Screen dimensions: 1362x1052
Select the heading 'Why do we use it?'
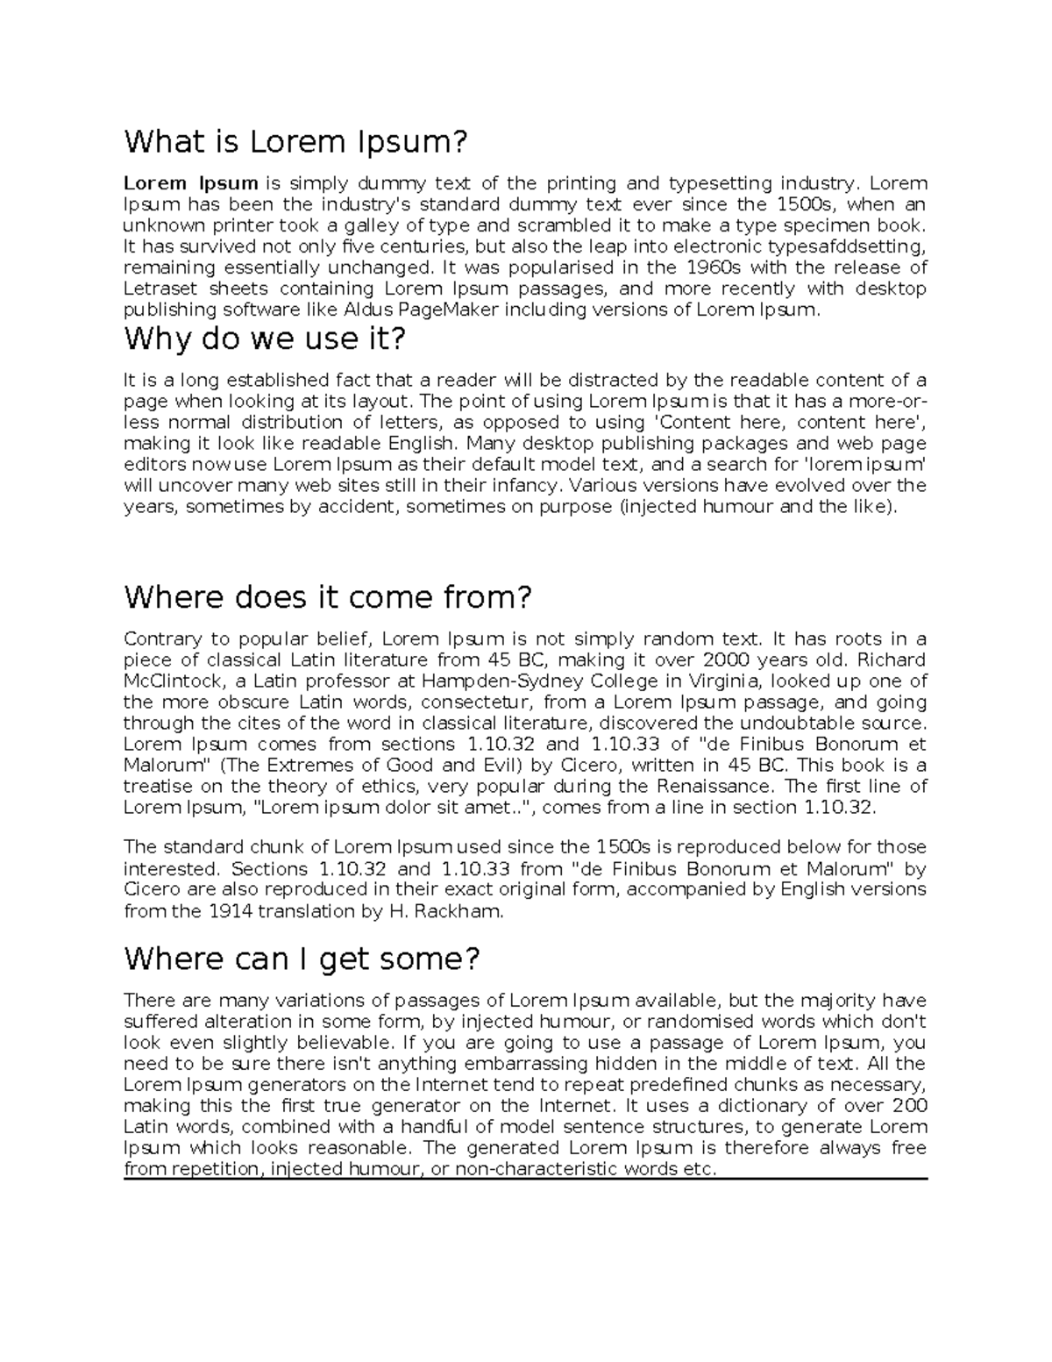pyautogui.click(x=266, y=339)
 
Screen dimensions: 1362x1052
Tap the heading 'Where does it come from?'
pyautogui.click(x=328, y=597)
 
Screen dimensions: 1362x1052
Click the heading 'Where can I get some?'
pyautogui.click(x=302, y=959)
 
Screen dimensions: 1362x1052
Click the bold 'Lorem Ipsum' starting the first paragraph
pyautogui.click(x=190, y=183)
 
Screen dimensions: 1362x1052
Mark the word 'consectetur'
pyautogui.click(x=476, y=702)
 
